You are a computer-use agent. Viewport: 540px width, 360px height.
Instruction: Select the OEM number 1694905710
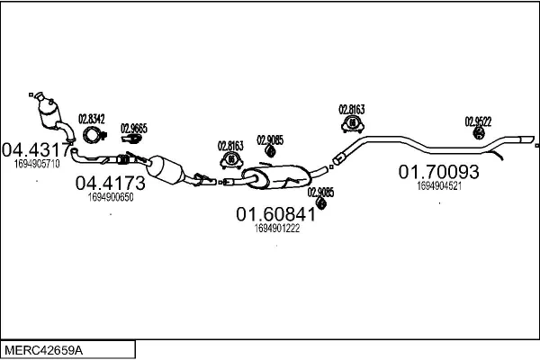tap(37, 164)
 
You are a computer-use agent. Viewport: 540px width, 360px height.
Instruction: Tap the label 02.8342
tap(92, 118)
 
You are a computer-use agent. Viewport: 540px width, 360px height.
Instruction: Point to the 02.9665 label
tap(133, 128)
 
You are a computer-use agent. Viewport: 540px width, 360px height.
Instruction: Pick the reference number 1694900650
tap(111, 196)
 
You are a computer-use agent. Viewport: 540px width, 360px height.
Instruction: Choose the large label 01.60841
tap(275, 214)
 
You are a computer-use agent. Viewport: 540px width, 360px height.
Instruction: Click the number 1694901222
tap(277, 229)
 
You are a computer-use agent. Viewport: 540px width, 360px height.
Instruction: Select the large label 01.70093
tap(439, 171)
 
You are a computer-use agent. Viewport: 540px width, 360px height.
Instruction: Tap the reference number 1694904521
tap(439, 186)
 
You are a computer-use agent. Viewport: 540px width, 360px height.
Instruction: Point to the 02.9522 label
tap(478, 121)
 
